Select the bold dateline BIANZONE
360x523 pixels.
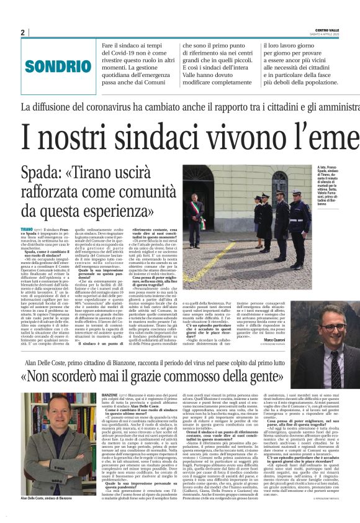coord(111,395)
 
